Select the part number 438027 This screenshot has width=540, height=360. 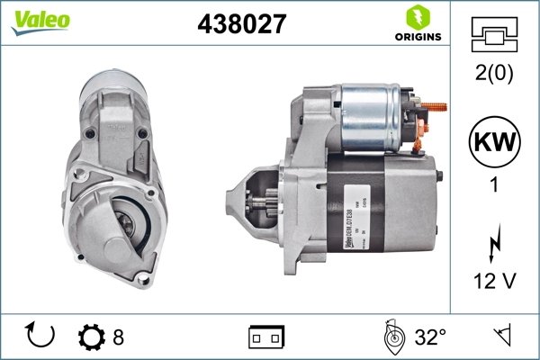pyautogui.click(x=240, y=25)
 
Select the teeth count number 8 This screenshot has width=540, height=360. pyautogui.click(x=118, y=337)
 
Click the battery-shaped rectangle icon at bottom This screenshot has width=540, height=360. pyautogui.click(x=265, y=337)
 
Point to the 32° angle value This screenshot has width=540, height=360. pyautogui.click(x=430, y=337)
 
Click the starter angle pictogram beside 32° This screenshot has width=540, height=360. pyautogui.click(x=392, y=337)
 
